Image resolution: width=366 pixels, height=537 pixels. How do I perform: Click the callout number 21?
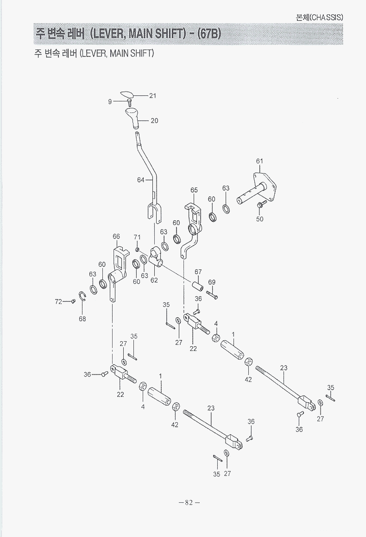152,95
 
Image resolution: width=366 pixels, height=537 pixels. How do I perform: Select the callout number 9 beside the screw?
110,101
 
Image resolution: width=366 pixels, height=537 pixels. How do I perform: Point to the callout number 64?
140,180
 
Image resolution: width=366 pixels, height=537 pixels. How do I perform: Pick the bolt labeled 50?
261,205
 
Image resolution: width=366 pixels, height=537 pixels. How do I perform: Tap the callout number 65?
194,190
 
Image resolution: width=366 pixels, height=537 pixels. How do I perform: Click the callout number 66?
116,236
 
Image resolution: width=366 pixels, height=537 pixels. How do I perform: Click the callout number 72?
58,301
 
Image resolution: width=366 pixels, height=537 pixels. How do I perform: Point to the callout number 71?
137,237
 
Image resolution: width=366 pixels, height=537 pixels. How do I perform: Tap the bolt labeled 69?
212,295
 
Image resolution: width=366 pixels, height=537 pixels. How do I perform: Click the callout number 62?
154,280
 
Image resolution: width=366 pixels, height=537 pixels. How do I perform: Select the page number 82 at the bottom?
189,502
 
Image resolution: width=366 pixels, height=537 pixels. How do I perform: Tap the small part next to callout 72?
73,301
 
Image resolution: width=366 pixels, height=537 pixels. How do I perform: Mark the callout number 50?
260,219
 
